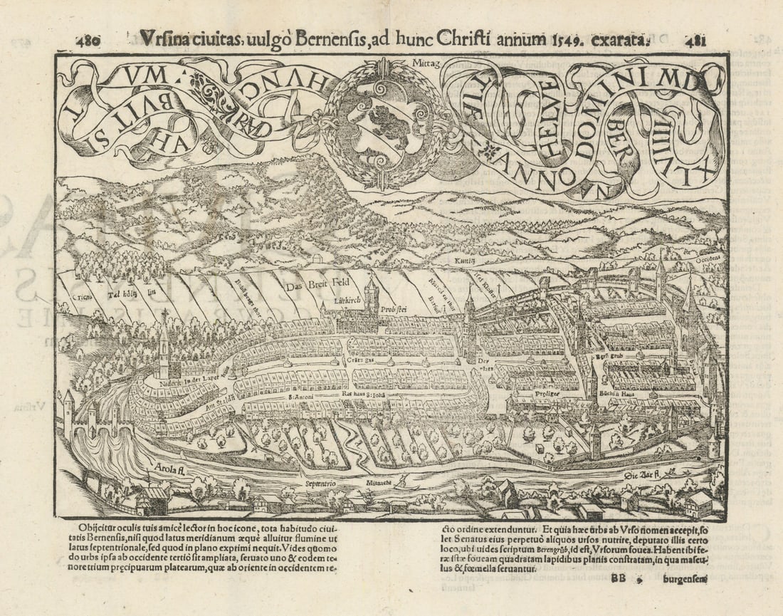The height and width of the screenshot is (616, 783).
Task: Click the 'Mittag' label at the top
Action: [427, 63]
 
